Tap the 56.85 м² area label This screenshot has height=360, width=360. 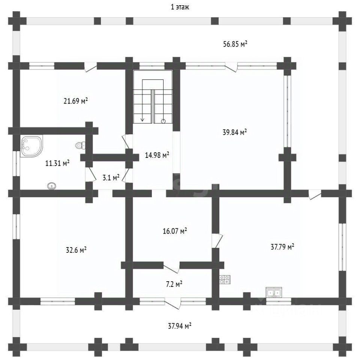[235, 44]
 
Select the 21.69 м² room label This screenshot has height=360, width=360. [76, 101]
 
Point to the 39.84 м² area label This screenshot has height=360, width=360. [235, 132]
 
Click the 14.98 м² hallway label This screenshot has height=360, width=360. [157, 155]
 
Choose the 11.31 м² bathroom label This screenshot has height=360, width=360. [57, 163]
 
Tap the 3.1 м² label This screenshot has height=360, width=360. [111, 177]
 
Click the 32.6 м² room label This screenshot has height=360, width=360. [76, 250]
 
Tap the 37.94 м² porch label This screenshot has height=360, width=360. [180, 326]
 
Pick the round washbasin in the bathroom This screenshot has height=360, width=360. [51, 185]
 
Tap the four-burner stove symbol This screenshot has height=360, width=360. [225, 279]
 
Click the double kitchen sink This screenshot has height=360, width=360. [273, 292]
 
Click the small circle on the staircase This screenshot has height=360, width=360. [163, 121]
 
